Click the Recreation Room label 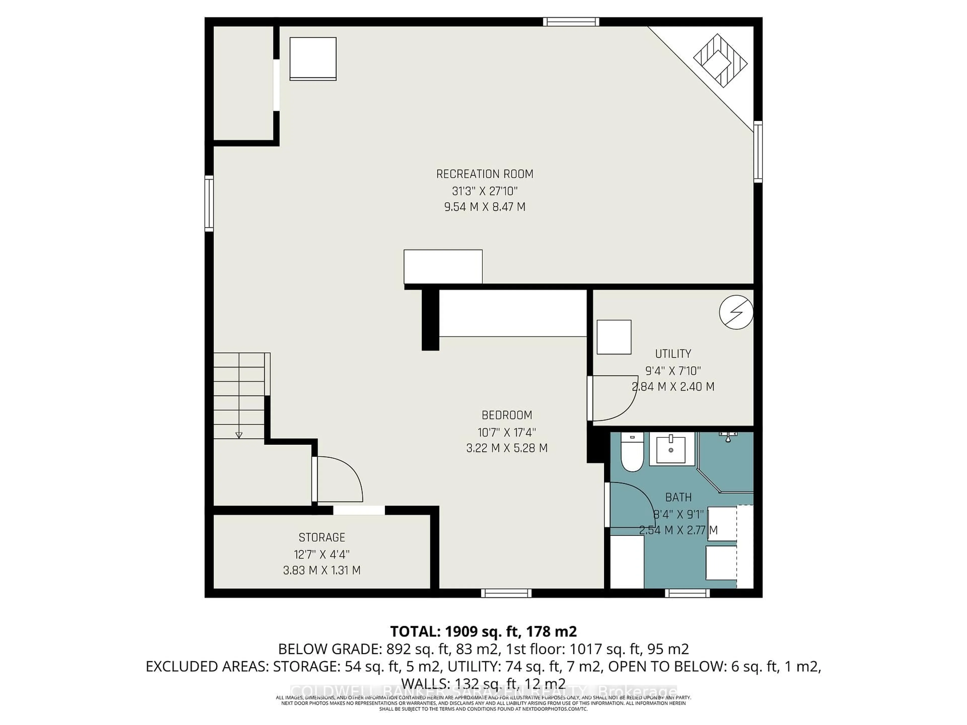point(484,174)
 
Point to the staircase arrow point(239,434)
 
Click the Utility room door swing point(612,398)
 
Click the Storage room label point(322,537)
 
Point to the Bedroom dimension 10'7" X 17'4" point(507,432)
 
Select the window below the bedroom point(506,593)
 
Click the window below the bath point(687,593)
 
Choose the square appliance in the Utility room point(614,337)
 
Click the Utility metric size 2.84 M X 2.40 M point(673,387)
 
